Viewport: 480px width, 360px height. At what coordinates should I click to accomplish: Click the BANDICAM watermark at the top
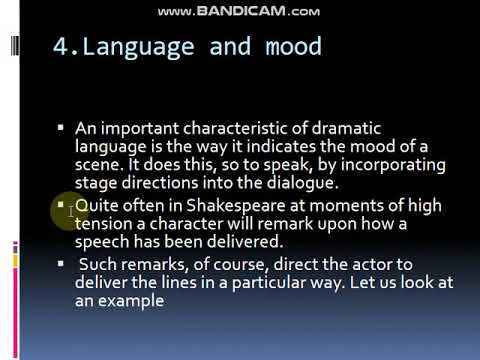[x=239, y=11]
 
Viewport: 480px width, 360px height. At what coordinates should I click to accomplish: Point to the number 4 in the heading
[x=59, y=48]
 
